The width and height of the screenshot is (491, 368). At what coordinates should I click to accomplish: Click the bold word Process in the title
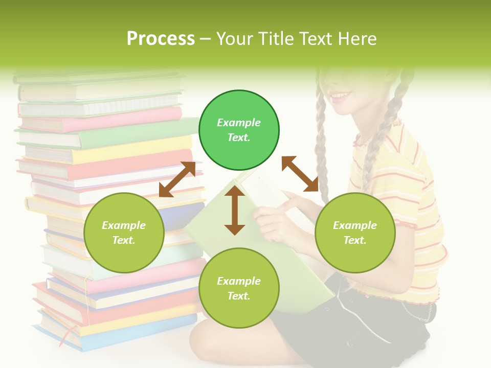tap(161, 39)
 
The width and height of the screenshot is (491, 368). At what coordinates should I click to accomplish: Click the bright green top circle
tap(239, 130)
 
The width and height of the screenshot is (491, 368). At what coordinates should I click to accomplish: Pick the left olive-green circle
tap(124, 233)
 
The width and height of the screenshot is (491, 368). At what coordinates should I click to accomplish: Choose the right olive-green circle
tap(355, 233)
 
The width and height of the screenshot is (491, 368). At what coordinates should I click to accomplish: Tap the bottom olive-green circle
tap(239, 288)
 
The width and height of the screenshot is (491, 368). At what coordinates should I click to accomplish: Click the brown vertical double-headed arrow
tap(235, 210)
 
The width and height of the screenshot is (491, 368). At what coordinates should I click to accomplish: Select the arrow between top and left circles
tap(177, 179)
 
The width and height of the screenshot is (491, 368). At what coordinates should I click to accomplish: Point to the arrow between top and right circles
tap(300, 174)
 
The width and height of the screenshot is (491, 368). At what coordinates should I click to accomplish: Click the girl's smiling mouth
tap(340, 96)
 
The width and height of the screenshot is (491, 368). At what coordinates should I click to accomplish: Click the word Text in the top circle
tap(239, 137)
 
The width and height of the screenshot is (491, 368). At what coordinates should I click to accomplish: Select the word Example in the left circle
tap(124, 225)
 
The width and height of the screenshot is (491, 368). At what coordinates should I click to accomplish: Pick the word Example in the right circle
tap(355, 225)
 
